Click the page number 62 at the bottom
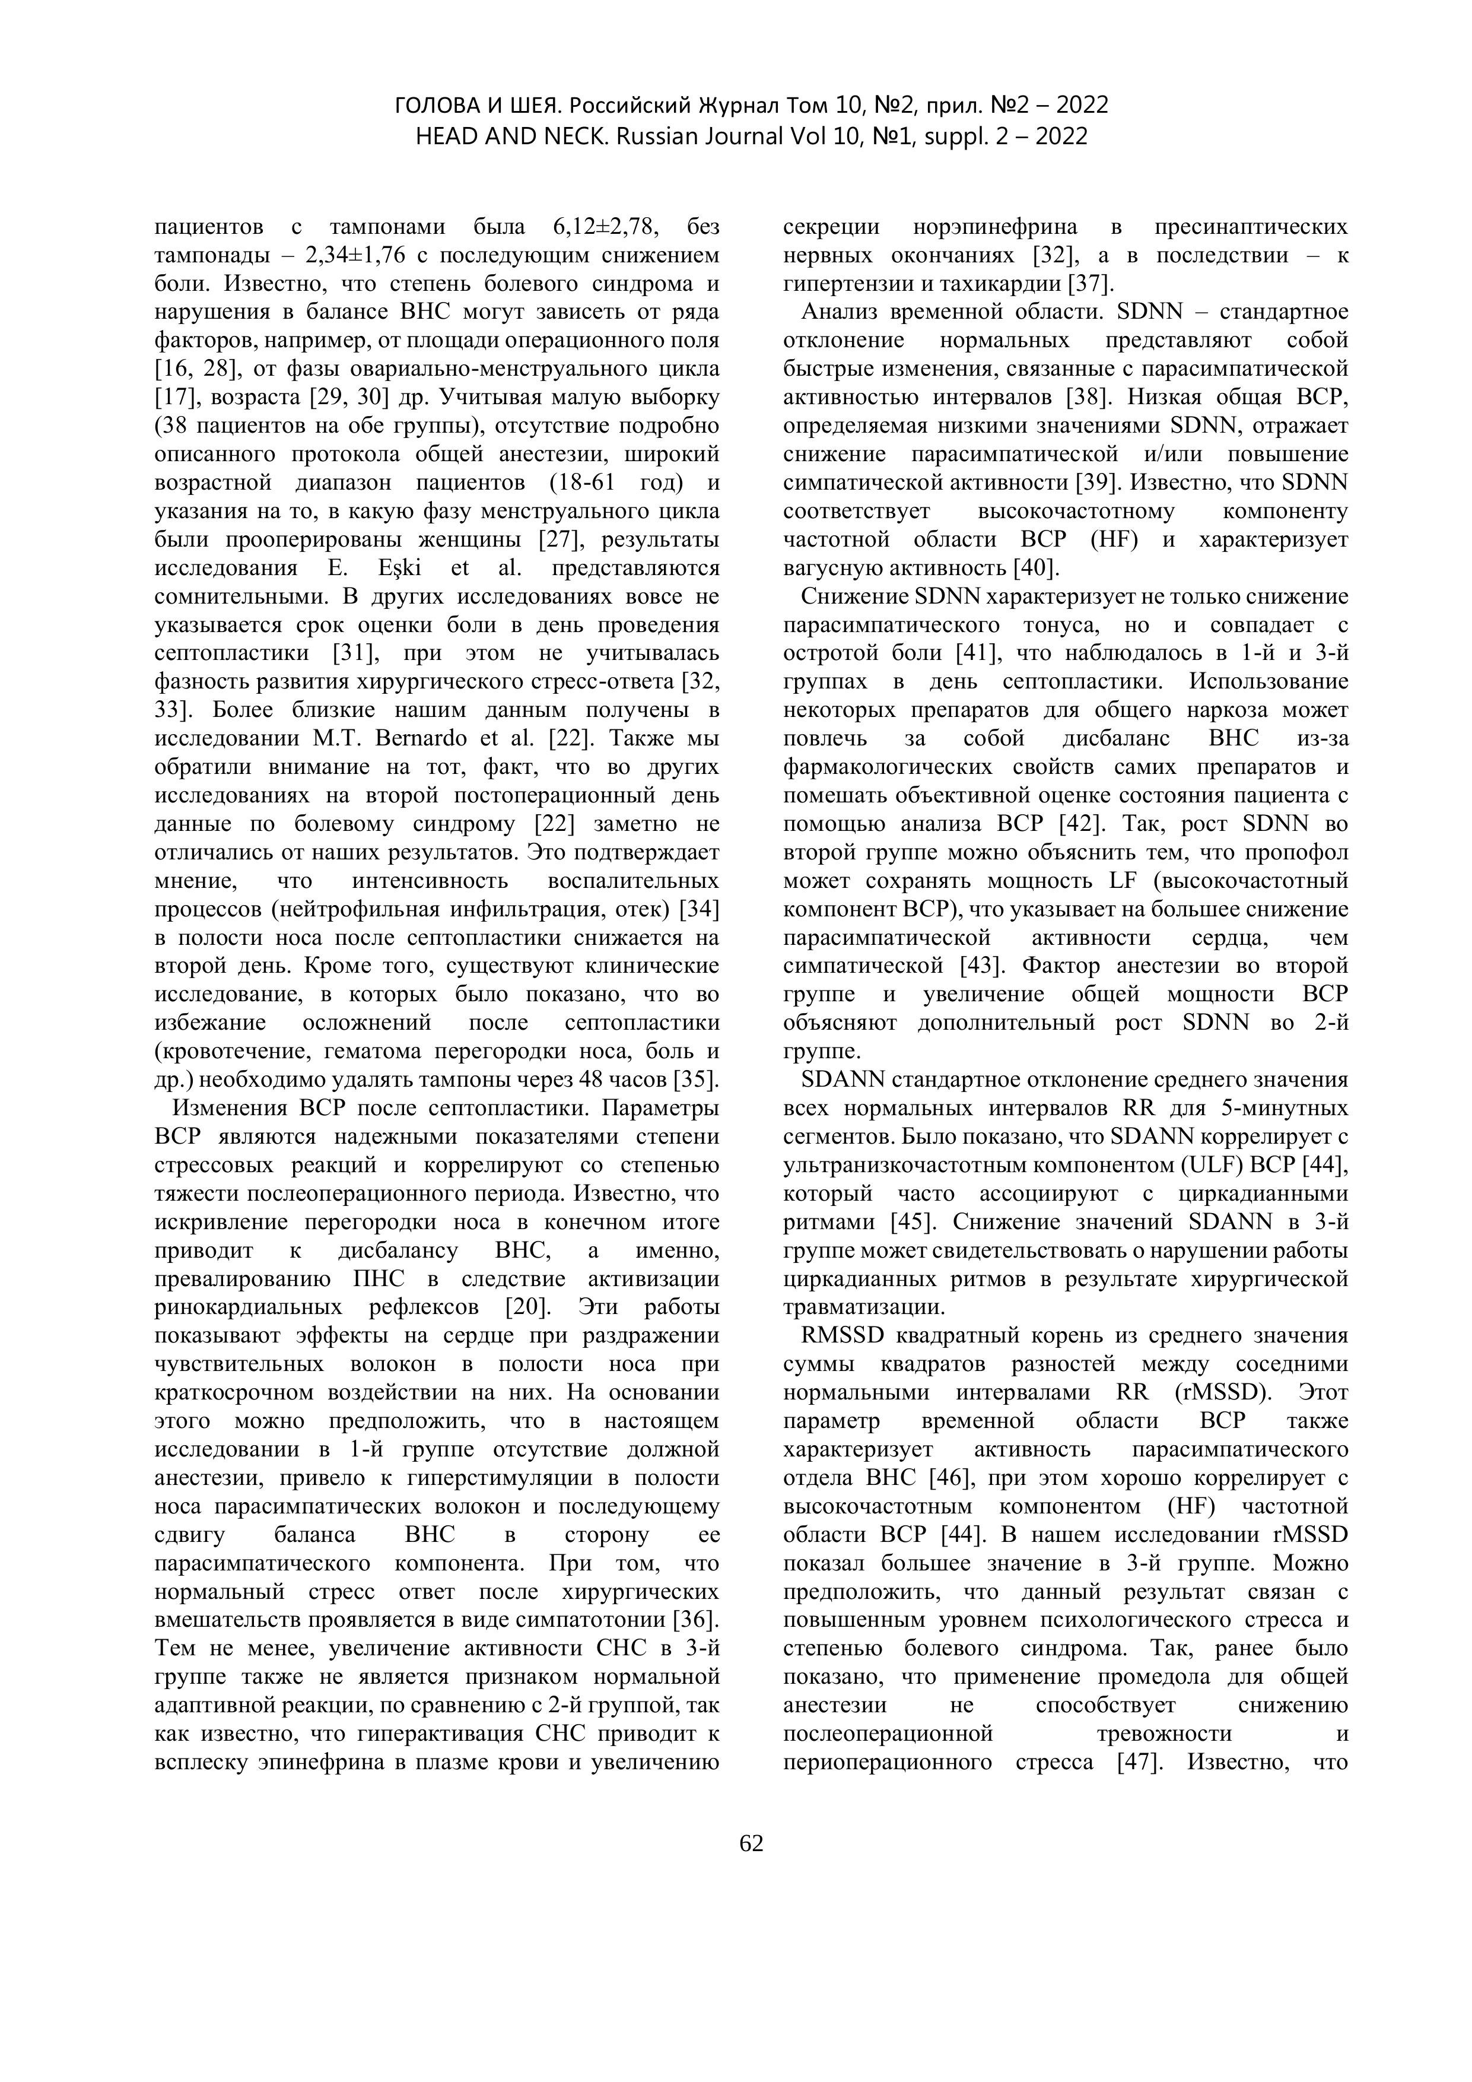click(x=751, y=1843)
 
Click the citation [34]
click(x=699, y=909)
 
